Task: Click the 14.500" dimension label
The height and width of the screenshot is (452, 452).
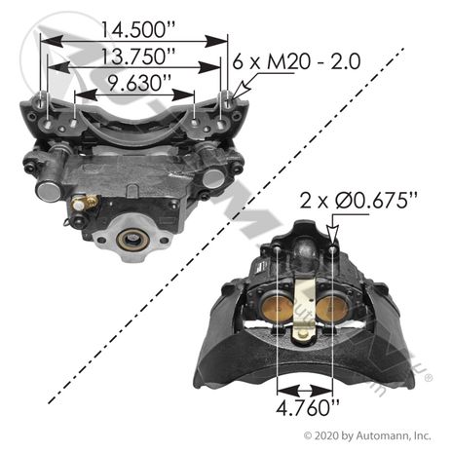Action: pos(137,29)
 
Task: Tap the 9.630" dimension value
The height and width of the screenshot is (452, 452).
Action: pos(135,84)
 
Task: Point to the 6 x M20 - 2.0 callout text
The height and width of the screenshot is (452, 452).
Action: pos(296,61)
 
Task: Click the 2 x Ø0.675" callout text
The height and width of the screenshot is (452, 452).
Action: pos(358,201)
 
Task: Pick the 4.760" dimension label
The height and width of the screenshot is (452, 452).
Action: pos(308,407)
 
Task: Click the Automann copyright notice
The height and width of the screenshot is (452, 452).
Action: pos(367,435)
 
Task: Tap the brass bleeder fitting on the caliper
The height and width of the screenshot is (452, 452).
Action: pos(85,203)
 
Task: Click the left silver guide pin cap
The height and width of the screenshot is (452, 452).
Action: pos(48,191)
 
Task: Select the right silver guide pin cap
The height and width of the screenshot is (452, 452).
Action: pos(213,178)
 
